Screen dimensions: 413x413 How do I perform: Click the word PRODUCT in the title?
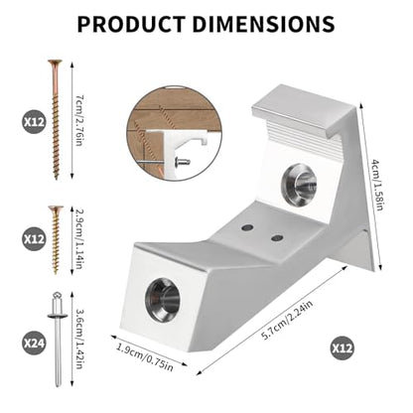131,24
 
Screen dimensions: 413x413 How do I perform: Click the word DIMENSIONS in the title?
264,24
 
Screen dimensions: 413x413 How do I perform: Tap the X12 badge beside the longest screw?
34,122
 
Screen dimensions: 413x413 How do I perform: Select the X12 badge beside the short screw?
34,239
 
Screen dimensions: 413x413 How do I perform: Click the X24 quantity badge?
34,344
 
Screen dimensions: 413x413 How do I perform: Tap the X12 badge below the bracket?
342,348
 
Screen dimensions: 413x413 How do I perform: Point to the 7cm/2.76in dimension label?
79,120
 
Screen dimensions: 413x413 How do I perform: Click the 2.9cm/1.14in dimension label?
79,239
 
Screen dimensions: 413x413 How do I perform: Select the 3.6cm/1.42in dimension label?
79,340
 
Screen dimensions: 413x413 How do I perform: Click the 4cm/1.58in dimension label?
376,186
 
